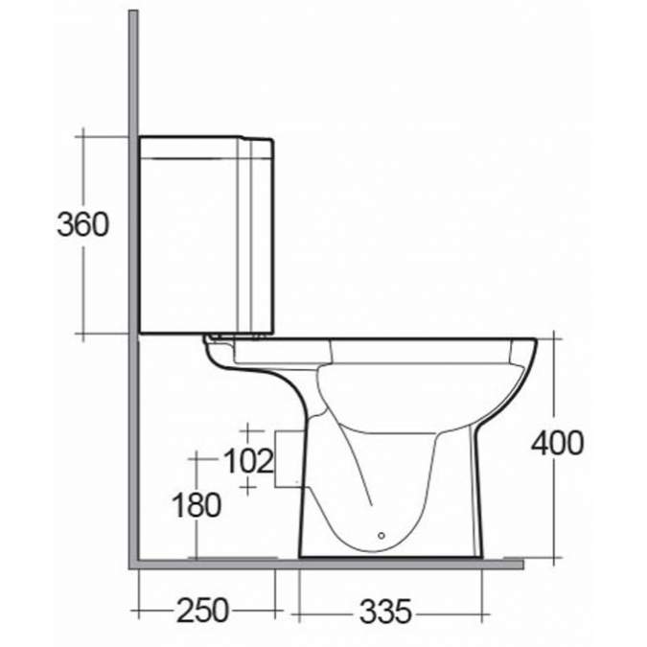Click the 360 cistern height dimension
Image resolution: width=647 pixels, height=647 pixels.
82,225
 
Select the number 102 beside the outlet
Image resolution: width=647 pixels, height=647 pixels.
247,461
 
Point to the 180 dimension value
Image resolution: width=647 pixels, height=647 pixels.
196,504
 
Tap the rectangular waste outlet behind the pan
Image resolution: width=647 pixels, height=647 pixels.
289,459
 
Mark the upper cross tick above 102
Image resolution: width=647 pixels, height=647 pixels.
248,430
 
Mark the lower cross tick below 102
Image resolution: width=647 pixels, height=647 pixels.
248,489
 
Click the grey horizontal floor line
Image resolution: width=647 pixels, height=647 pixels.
326,564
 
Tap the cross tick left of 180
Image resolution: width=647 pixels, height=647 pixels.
196,459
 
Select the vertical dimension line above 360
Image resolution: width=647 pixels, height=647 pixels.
83,173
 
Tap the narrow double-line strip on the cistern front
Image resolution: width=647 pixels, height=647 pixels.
258,240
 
